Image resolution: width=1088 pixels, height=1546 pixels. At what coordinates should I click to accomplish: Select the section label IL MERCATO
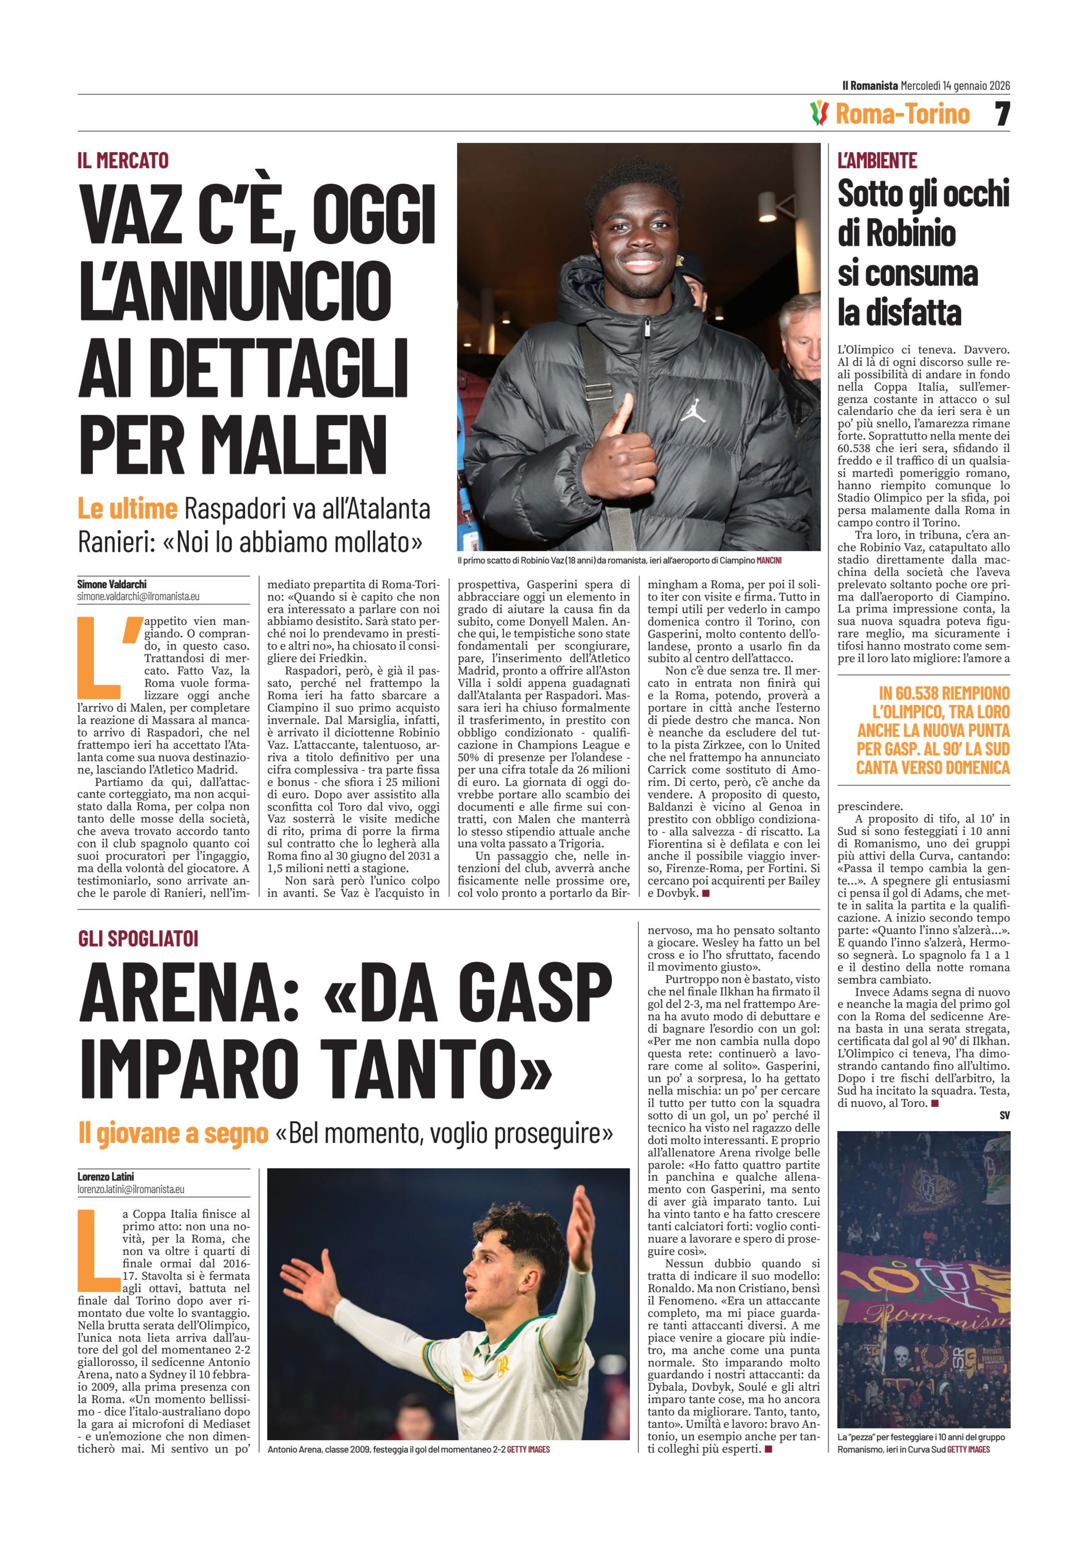[123, 161]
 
